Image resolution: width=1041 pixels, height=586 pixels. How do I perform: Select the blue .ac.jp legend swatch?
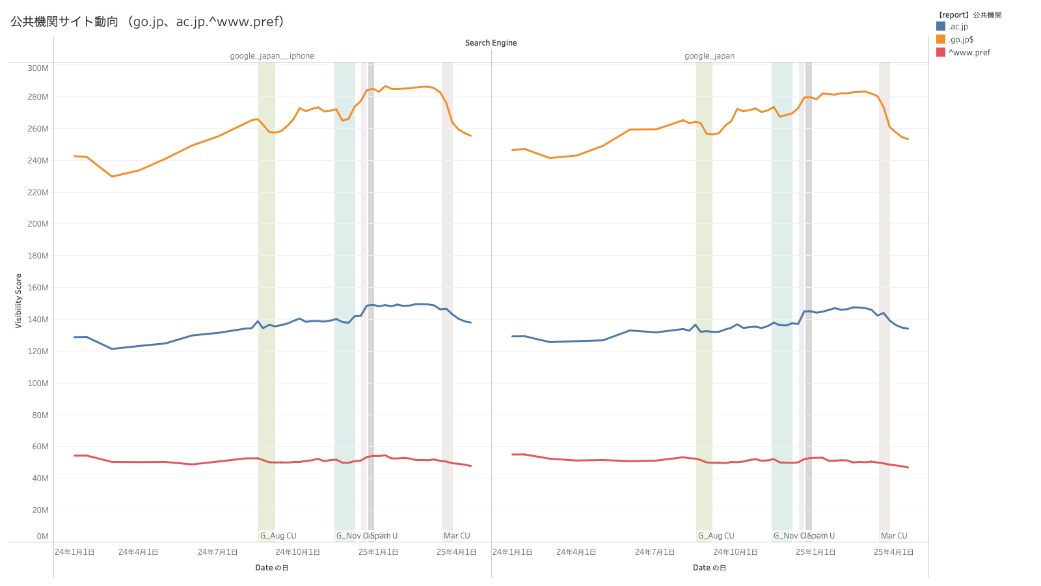(941, 27)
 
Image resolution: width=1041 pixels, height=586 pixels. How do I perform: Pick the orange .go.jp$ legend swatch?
(941, 40)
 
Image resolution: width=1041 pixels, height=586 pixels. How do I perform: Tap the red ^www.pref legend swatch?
(941, 53)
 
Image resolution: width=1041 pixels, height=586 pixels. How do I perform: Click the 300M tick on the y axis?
(38, 68)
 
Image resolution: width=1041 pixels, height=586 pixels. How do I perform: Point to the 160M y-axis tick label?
(38, 288)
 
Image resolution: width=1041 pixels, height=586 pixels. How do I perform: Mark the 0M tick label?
(42, 537)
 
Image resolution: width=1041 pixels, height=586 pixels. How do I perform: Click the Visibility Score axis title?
(18, 301)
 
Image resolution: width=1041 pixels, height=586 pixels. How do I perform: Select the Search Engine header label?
(491, 43)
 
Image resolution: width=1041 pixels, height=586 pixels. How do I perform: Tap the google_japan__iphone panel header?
(272, 56)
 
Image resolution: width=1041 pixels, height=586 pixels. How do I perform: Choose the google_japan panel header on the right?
(709, 56)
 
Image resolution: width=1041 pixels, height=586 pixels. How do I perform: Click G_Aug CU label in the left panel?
(278, 536)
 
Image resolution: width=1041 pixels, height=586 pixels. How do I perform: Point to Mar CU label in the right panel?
(894, 536)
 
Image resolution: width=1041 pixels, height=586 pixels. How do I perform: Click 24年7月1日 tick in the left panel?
(217, 552)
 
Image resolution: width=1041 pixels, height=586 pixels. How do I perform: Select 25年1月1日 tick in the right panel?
(815, 552)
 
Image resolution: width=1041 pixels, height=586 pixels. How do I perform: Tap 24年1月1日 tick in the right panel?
(512, 552)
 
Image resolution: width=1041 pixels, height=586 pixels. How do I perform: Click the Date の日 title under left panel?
(272, 568)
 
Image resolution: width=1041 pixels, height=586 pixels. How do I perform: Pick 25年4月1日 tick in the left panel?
(456, 552)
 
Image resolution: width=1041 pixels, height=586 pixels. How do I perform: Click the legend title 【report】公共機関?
(969, 15)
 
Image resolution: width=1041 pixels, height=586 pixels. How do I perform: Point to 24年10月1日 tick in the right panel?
(735, 552)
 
